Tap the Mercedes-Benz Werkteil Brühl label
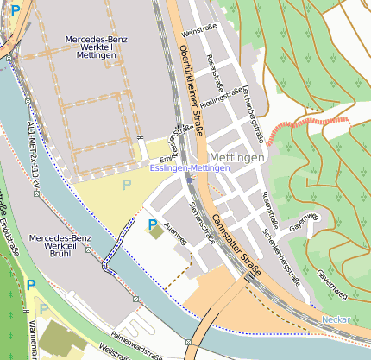click(60, 245)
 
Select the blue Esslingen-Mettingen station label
click(190, 167)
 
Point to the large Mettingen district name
click(237, 159)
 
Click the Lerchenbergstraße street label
click(254, 111)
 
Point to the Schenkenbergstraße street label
click(281, 251)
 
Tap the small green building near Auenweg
click(156, 231)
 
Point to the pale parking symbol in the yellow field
click(127, 184)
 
